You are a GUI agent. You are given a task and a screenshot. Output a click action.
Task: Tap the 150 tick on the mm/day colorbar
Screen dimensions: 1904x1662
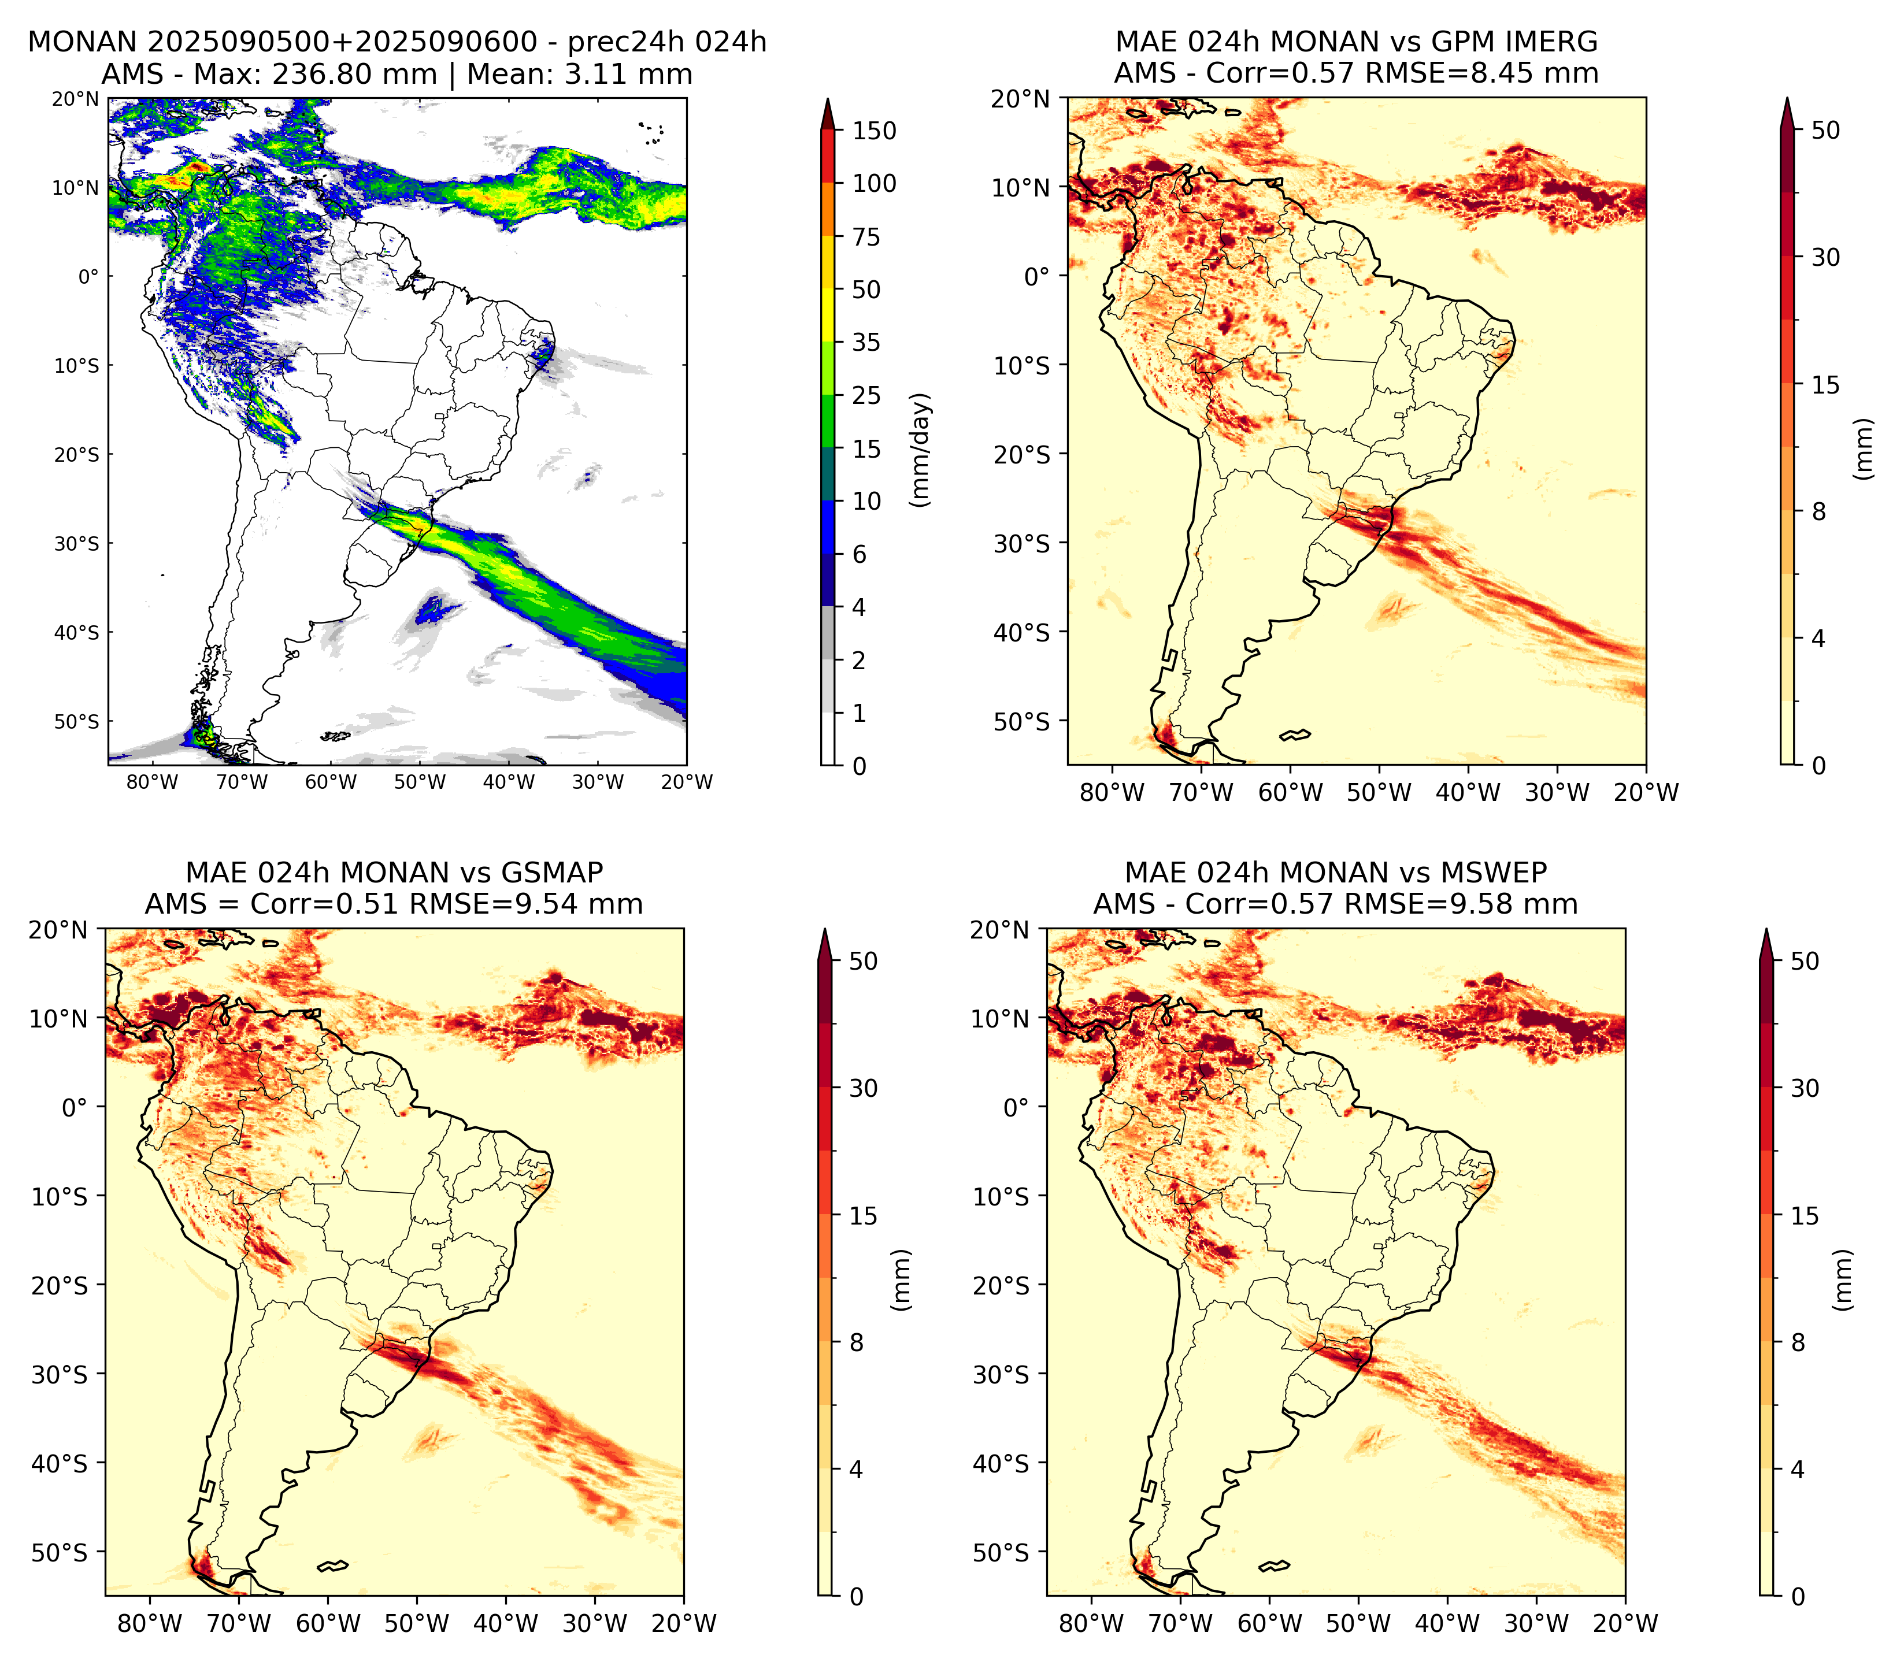pos(875,131)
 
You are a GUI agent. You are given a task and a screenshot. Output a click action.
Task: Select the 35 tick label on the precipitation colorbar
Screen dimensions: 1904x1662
pos(866,342)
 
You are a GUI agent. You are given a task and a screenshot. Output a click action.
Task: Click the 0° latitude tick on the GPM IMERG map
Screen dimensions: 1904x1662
pos(1038,276)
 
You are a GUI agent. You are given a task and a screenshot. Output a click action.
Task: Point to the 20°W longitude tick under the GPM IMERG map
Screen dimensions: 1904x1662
pos(1646,793)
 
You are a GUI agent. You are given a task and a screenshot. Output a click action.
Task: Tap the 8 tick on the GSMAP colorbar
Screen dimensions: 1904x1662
pos(856,1343)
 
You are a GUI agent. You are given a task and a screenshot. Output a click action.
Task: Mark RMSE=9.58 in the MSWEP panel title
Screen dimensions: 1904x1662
pos(1432,904)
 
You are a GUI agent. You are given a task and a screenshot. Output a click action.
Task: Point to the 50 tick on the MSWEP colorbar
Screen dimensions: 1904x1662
pos(1805,962)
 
